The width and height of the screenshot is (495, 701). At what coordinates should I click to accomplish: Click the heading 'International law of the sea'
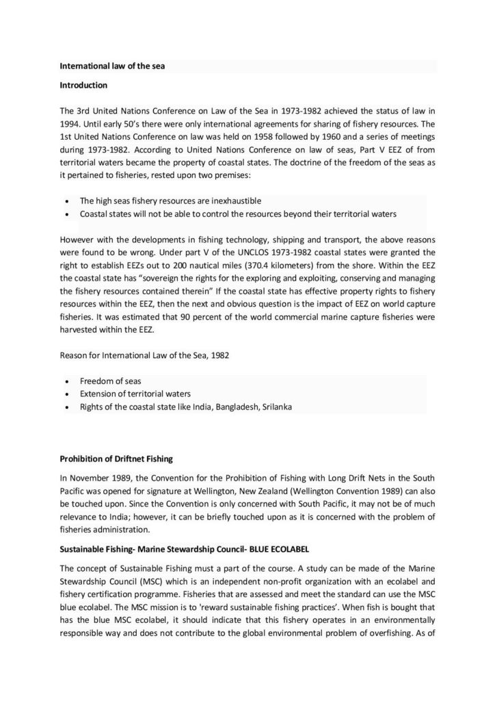click(112, 66)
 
